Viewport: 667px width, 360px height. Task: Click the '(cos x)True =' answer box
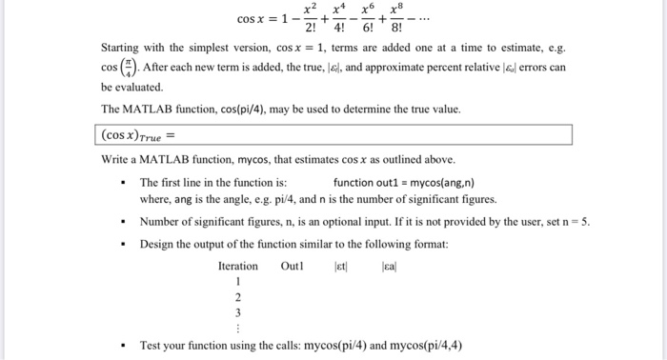click(334, 134)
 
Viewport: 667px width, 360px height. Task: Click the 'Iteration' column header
click(237, 266)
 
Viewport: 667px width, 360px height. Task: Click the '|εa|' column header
click(390, 266)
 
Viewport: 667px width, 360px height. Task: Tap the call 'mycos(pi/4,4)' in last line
click(425, 345)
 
